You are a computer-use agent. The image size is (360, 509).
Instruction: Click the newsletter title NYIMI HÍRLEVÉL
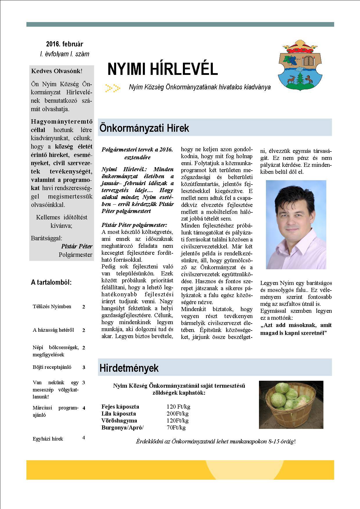click(162, 69)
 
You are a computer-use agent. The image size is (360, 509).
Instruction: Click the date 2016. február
click(64, 44)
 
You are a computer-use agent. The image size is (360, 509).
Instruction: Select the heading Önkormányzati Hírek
click(144, 128)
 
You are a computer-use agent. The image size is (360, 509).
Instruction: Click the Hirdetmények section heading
click(129, 368)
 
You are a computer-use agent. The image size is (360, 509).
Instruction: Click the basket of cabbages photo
click(291, 405)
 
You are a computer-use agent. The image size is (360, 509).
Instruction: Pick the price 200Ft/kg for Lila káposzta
click(177, 414)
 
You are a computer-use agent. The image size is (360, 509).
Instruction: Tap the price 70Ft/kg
click(176, 427)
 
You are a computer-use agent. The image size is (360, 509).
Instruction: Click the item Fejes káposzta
click(120, 407)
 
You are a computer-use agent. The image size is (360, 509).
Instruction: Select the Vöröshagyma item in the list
click(119, 420)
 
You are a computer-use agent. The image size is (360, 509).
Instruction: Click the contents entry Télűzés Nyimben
click(52, 306)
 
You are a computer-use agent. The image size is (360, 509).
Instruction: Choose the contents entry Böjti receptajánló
click(52, 367)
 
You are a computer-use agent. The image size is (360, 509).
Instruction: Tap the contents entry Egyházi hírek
click(48, 438)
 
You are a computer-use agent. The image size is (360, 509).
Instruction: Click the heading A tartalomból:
click(51, 282)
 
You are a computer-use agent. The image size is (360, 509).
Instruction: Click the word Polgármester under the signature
click(75, 255)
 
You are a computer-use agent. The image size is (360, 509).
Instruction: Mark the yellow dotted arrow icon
click(113, 87)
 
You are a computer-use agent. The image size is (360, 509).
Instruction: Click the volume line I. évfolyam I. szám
click(64, 54)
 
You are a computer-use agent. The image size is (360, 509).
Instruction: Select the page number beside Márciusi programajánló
click(84, 408)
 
